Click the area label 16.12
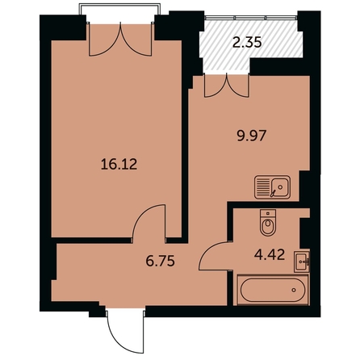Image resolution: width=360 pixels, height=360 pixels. pyautogui.click(x=119, y=164)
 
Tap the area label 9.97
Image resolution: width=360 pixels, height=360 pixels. pyautogui.click(x=252, y=136)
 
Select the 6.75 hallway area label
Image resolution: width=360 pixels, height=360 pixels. pyautogui.click(x=161, y=261)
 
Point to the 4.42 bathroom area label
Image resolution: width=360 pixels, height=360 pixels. pyautogui.click(x=270, y=255)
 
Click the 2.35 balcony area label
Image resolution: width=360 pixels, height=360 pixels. pyautogui.click(x=247, y=42)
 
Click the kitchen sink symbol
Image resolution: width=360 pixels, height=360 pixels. pyautogui.click(x=272, y=187)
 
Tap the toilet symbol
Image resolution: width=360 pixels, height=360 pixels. pyautogui.click(x=268, y=223)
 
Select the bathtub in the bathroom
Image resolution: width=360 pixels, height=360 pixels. pyautogui.click(x=273, y=290)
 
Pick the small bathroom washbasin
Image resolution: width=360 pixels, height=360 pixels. pyautogui.click(x=302, y=262)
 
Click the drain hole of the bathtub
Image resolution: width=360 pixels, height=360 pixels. pyautogui.click(x=294, y=290)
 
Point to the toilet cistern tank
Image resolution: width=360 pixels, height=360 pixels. pyautogui.click(x=268, y=214)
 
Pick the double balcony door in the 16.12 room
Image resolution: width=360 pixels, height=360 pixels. pyautogui.click(x=120, y=40)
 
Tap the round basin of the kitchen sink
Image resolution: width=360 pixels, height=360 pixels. pyautogui.click(x=280, y=186)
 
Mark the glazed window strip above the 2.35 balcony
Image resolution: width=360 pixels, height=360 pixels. pyautogui.click(x=251, y=18)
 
